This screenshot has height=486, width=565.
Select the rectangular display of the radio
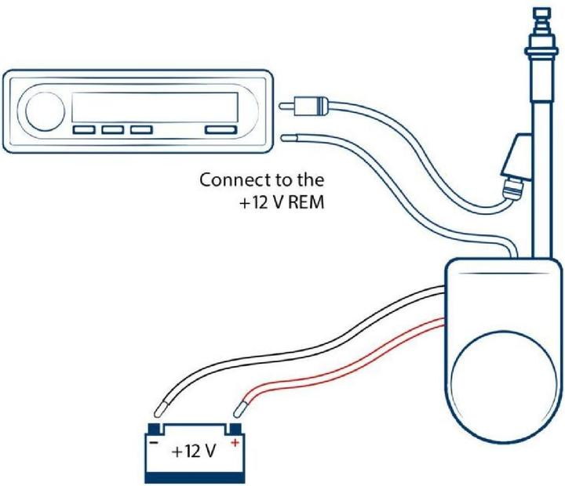coord(154,105)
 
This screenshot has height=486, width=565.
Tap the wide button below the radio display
coord(221,131)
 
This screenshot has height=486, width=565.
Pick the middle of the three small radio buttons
coord(113,131)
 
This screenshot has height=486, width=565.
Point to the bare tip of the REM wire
coord(290,139)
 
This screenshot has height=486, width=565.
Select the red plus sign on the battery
coord(235,443)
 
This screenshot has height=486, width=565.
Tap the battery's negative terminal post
coord(155,428)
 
